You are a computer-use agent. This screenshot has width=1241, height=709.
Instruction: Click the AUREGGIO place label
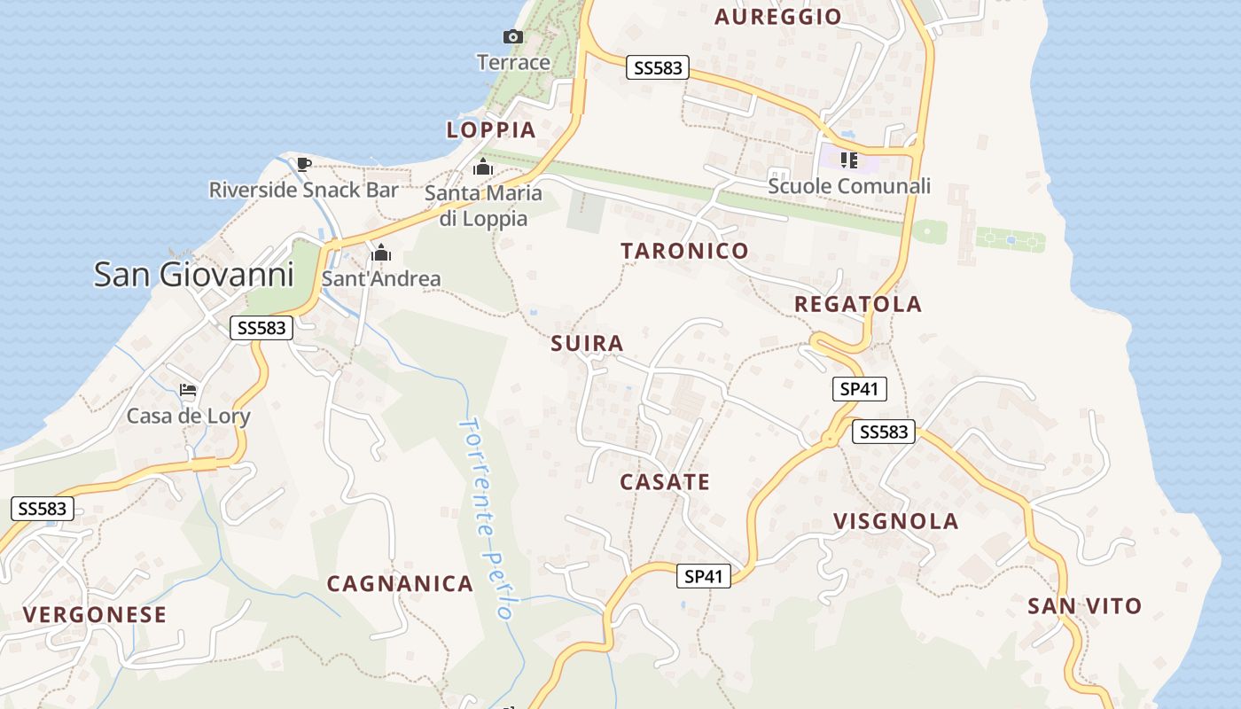(x=777, y=17)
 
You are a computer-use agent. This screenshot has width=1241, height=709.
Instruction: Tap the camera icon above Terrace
(x=513, y=36)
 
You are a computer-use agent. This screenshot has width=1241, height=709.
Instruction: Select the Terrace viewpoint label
(x=513, y=62)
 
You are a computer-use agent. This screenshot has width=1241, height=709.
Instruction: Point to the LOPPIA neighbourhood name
(x=491, y=130)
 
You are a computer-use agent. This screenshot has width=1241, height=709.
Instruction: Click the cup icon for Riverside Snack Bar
(x=303, y=163)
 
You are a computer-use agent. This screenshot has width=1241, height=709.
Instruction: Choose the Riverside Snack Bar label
(x=304, y=190)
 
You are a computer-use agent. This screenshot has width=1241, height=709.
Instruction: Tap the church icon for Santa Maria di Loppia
(x=482, y=167)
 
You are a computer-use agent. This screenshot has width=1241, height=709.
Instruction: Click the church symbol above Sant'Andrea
(x=381, y=253)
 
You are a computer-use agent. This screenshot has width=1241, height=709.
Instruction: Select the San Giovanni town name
(x=193, y=274)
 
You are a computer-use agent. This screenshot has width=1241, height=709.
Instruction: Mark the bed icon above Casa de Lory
(x=188, y=389)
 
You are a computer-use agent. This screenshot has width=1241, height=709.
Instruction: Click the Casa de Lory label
(x=189, y=416)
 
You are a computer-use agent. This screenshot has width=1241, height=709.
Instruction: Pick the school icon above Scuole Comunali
(x=849, y=160)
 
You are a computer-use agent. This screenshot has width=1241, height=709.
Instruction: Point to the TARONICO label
(x=684, y=251)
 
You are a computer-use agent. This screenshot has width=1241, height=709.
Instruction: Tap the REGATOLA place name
(x=857, y=304)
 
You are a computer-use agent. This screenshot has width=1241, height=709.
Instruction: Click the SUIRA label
(x=587, y=343)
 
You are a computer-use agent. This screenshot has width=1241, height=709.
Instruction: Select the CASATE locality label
(x=665, y=482)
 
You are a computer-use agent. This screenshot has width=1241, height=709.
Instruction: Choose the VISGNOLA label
(x=895, y=521)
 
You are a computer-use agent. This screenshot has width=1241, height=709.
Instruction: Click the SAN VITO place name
(x=1084, y=606)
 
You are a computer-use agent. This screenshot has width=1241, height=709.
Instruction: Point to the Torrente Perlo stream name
(x=487, y=518)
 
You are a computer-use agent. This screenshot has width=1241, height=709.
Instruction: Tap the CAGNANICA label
(x=400, y=583)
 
